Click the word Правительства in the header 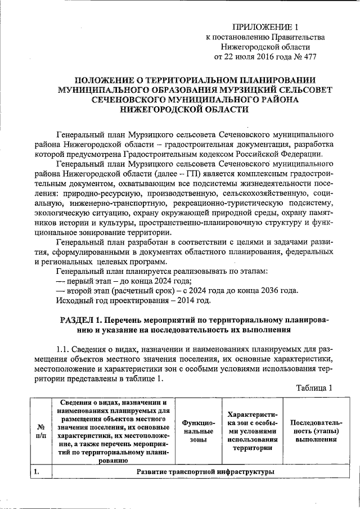296,37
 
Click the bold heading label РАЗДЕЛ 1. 82,320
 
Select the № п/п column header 37,431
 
